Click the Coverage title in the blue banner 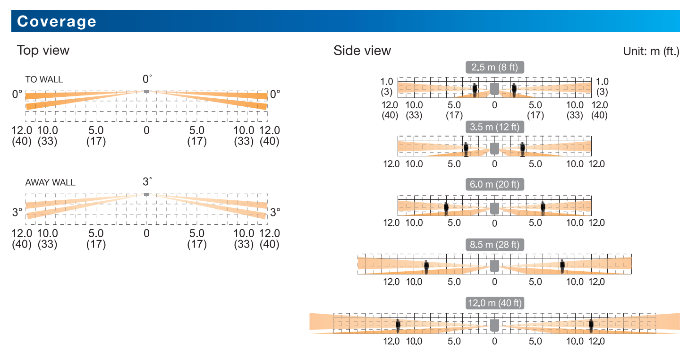(x=57, y=21)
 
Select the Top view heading (x=43, y=51)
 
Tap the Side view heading (x=362, y=51)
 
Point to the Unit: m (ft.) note (x=651, y=51)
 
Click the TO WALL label (x=44, y=79)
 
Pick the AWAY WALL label (x=51, y=182)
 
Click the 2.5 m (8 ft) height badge (x=495, y=67)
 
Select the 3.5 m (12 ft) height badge (x=495, y=127)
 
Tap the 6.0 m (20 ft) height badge (x=495, y=184)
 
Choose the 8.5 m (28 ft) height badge (x=495, y=244)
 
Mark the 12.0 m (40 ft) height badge (x=495, y=303)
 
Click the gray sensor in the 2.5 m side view (x=495, y=89)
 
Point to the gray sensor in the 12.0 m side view (x=495, y=326)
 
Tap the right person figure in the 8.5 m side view (x=562, y=266)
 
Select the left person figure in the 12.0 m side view (x=398, y=326)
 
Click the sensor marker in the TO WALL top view (x=146, y=92)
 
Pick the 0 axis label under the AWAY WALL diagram (x=146, y=233)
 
